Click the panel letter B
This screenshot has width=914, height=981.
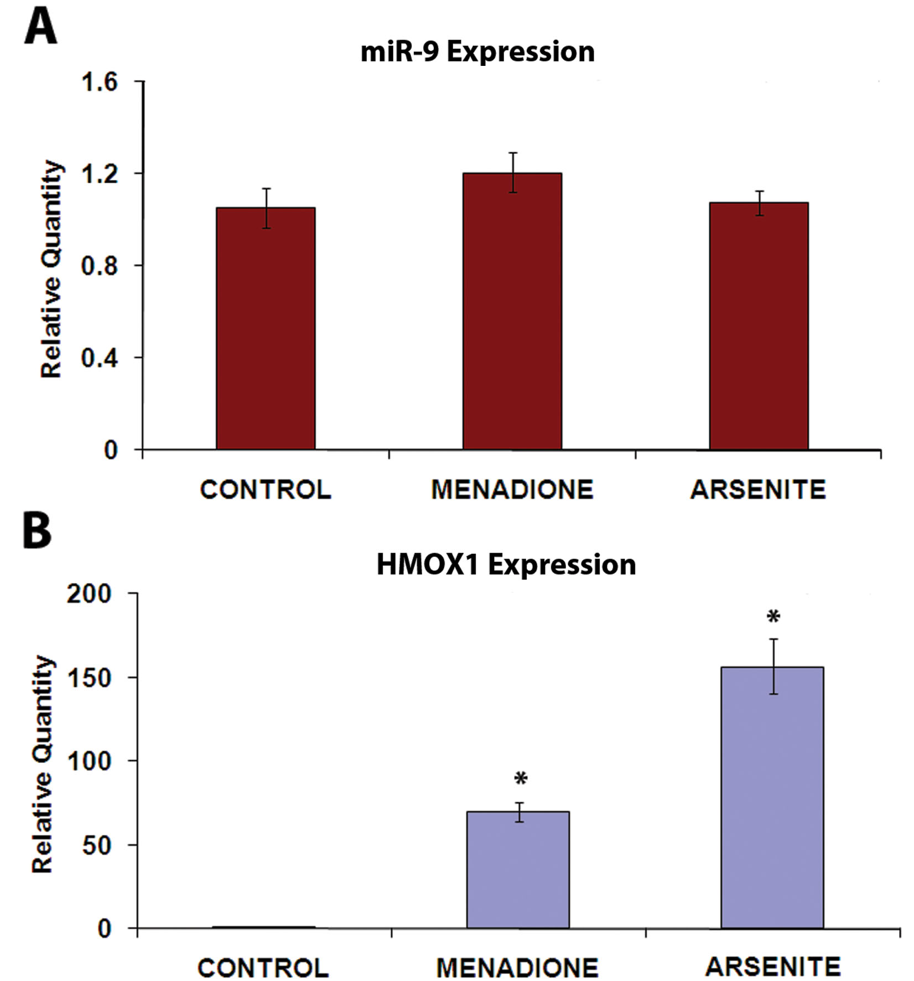pyautogui.click(x=37, y=531)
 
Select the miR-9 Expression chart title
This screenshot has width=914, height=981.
pyautogui.click(x=477, y=52)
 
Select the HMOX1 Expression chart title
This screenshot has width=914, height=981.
pyautogui.click(x=506, y=565)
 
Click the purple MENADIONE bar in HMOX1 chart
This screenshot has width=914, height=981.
pyautogui.click(x=518, y=869)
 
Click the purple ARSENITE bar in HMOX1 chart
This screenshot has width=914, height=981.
pyautogui.click(x=772, y=797)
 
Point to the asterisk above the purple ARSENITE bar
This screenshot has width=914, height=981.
pyautogui.click(x=773, y=617)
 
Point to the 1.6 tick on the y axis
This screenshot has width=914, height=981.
pyautogui.click(x=100, y=82)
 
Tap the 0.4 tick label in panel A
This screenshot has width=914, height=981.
pyautogui.click(x=100, y=358)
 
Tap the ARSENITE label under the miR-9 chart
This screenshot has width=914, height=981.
pyautogui.click(x=758, y=490)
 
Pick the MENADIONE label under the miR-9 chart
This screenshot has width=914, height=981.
pyautogui.click(x=512, y=490)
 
